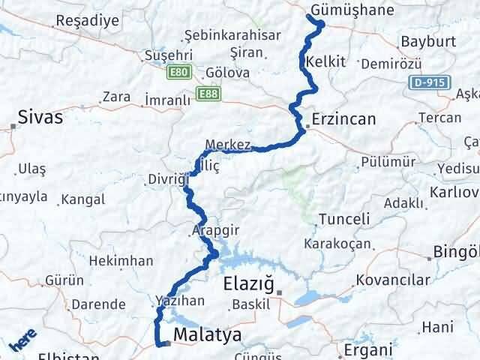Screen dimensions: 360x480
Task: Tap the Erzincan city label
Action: coord(342,120)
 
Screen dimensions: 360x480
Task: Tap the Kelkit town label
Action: coord(326,62)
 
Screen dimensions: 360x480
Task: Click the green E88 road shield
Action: coord(207,92)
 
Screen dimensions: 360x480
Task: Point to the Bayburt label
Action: coord(424,41)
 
